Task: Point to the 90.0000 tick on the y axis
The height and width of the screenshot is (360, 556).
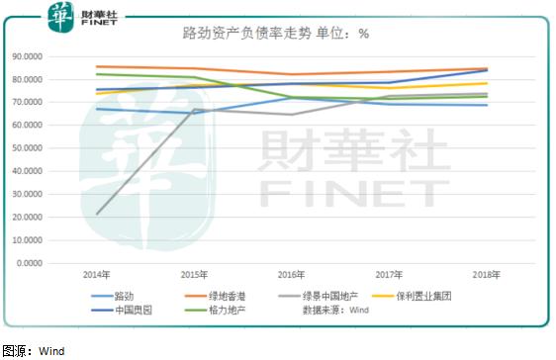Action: [x=37, y=55]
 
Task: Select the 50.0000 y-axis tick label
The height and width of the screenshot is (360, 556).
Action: [x=37, y=147]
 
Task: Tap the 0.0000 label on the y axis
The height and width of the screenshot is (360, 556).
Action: [x=40, y=263]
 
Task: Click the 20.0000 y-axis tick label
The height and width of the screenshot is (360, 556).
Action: [x=37, y=217]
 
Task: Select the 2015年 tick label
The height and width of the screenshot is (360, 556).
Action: [x=193, y=274]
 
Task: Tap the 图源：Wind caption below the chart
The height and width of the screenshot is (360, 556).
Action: [x=34, y=350]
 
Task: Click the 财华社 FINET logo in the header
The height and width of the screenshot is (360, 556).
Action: [x=79, y=15]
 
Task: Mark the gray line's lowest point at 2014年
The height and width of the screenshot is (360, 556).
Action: [x=96, y=214]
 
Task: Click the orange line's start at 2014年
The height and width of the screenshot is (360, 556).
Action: [x=96, y=66]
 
